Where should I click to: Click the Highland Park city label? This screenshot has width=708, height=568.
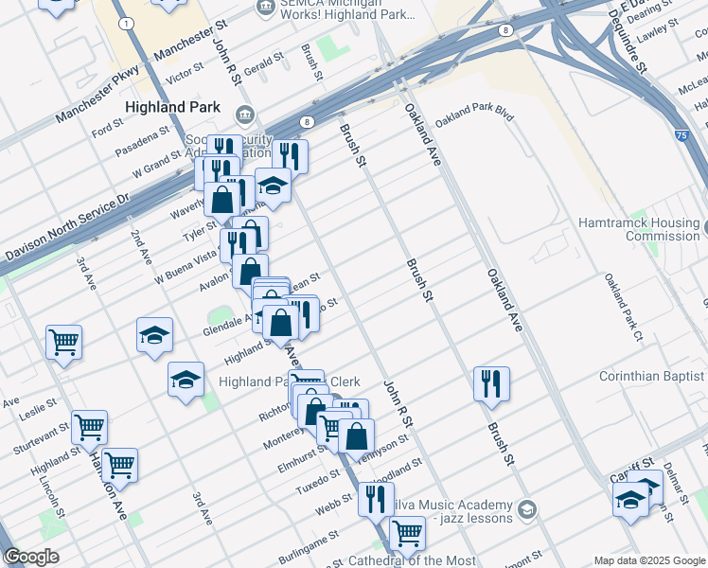point(177,108)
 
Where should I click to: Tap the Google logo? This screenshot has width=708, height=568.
point(30,557)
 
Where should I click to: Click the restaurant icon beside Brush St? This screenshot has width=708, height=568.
point(491,383)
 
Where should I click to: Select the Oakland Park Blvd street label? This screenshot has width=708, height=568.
point(487,113)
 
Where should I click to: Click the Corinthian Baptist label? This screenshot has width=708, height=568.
point(652,377)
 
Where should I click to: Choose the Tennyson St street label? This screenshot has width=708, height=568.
point(384,446)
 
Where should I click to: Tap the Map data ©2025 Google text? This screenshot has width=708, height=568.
point(648,560)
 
